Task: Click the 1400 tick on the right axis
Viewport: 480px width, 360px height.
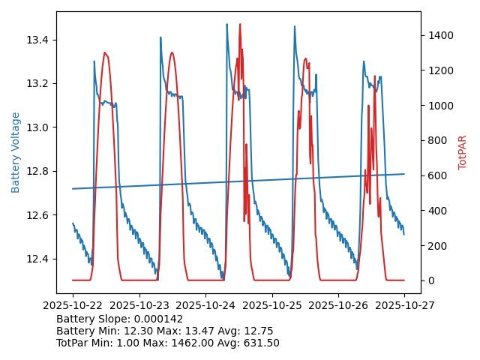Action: coord(438,35)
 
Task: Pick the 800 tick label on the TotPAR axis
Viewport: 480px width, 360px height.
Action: coord(436,140)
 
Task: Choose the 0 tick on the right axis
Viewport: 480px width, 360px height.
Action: coord(430,280)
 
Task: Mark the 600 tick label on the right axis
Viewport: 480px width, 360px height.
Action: coord(436,175)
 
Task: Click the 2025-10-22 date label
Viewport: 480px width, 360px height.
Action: coord(73,305)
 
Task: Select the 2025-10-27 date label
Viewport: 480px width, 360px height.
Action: coord(404,305)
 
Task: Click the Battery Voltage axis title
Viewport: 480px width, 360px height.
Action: coord(16,152)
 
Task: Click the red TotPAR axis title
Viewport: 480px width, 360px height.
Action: coord(463,152)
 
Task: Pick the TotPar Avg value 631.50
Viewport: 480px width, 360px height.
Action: coord(259,343)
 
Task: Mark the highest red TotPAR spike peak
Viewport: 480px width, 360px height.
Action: coord(240,24)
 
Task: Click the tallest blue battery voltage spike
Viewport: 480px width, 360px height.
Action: coord(227,24)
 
